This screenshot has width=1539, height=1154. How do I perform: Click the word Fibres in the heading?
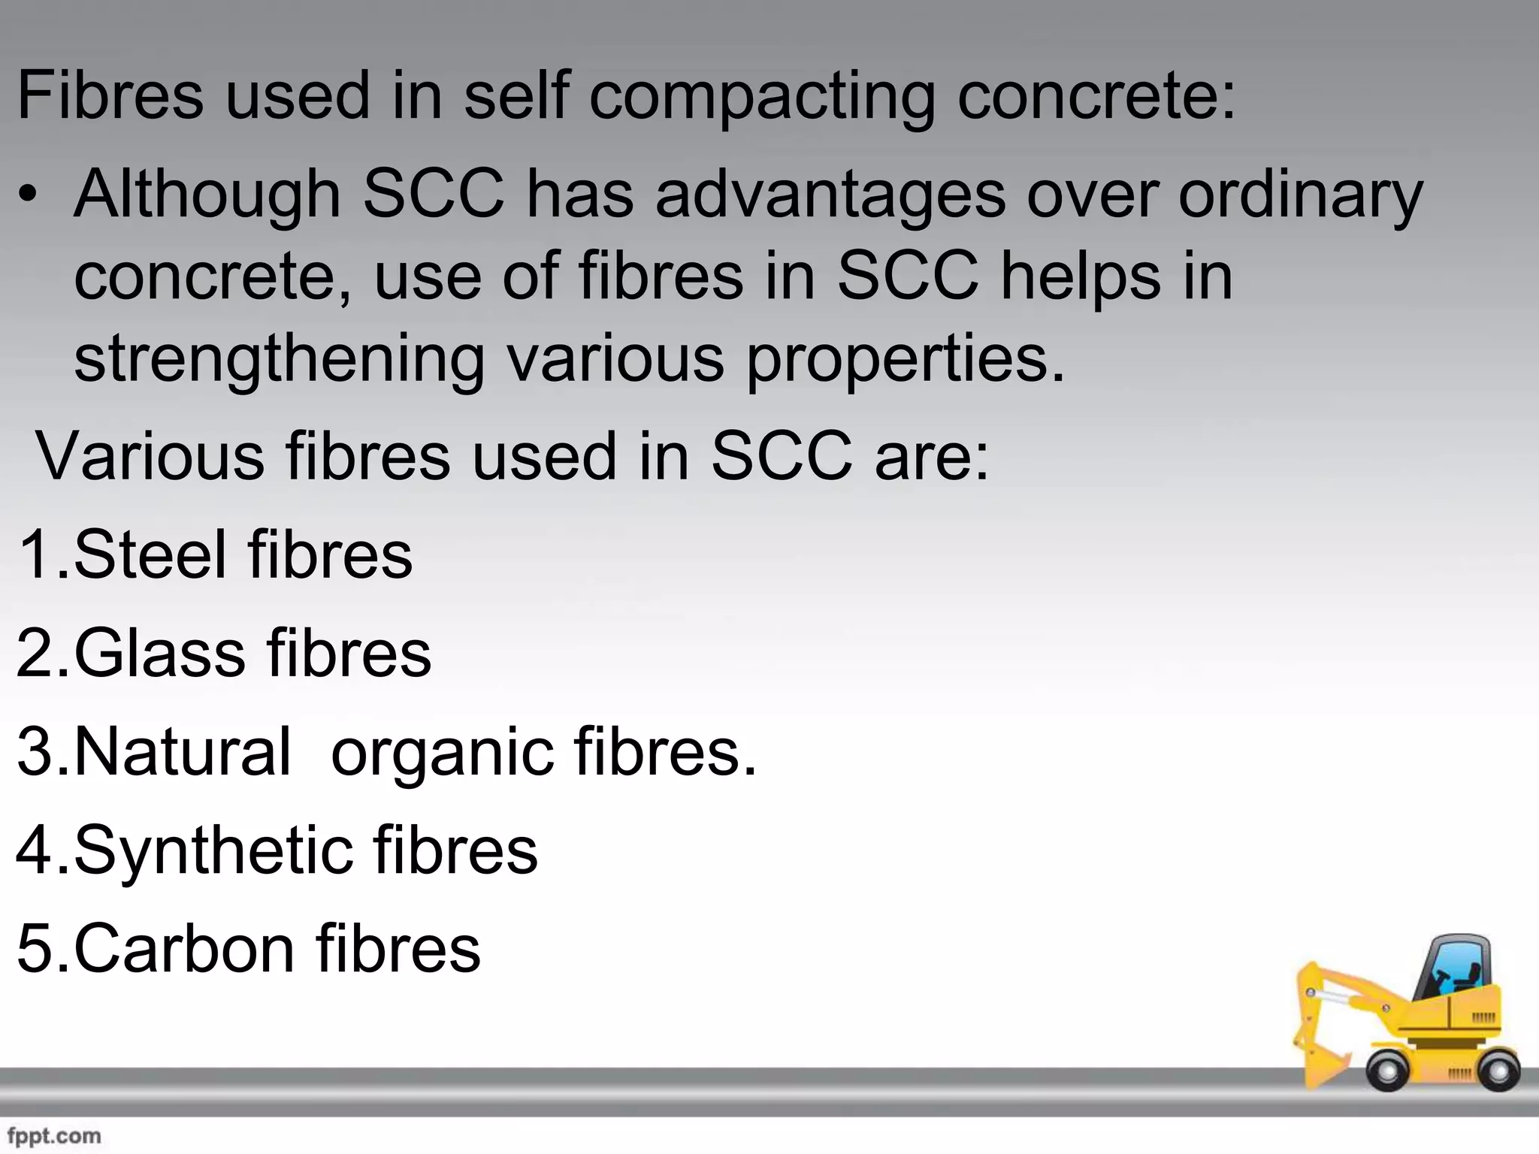coord(110,95)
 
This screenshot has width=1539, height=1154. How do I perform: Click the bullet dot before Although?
coord(28,195)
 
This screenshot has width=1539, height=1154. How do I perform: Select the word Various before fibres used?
coord(150,456)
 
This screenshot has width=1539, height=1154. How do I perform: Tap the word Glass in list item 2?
coord(159,653)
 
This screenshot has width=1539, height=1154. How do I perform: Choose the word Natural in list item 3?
coord(182,751)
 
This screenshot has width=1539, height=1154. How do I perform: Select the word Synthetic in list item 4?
coord(213,851)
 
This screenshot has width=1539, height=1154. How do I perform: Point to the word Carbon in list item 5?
coord(184,948)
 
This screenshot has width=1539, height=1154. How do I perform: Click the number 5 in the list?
coord(33,948)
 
